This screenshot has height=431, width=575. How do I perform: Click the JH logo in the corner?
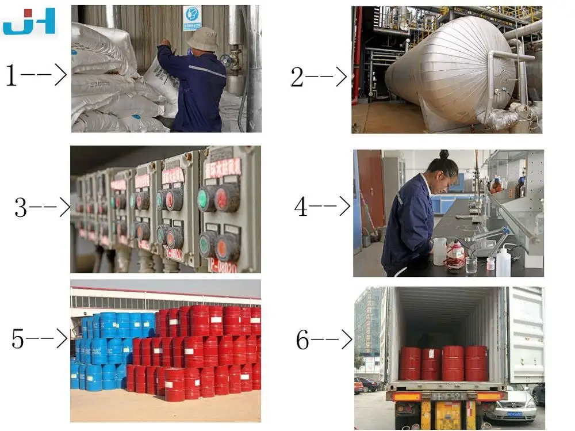coord(29,21)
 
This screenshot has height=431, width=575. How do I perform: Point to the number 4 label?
coord(301,207)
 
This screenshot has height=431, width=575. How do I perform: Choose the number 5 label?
coord(18,339)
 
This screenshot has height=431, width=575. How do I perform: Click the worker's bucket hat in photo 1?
coord(202,39)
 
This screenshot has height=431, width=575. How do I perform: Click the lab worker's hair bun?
coord(444,155)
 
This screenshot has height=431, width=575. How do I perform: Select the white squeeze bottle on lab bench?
coord(503,262)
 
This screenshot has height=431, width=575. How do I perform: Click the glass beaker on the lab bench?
coord(471,265)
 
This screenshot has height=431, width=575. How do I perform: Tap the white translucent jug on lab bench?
coord(440,251)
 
